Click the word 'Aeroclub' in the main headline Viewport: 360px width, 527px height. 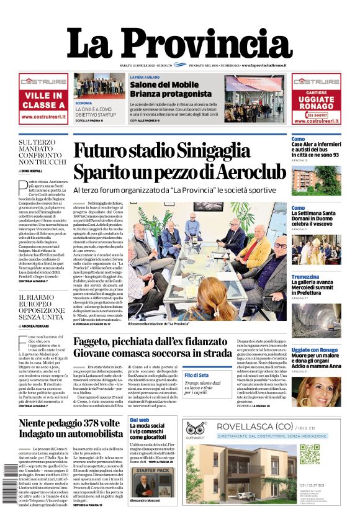249,171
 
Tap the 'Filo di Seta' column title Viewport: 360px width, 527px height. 197,376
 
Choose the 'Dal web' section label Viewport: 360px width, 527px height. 139,420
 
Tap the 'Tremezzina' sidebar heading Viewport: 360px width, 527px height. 305,277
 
